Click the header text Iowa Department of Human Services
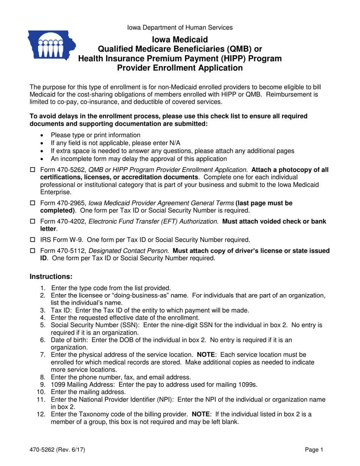(180, 27)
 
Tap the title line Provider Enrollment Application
(180, 68)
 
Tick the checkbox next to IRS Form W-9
(32, 240)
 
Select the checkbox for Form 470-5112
(32, 251)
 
